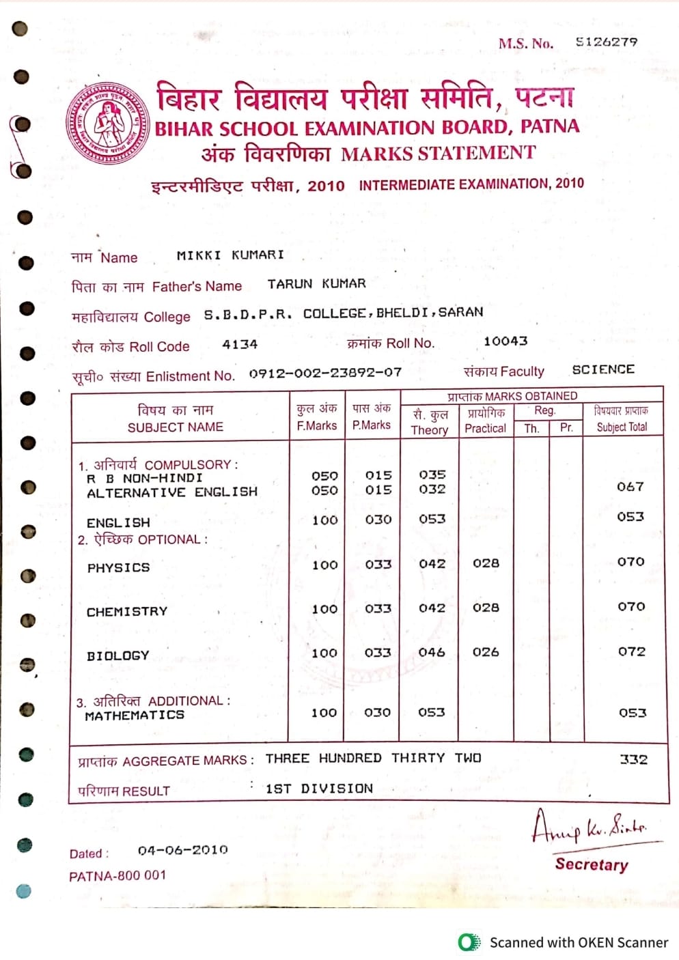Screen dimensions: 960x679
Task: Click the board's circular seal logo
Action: (x=108, y=124)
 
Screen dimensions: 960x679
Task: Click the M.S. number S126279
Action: (x=606, y=42)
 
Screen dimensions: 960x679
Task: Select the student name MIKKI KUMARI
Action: (x=230, y=255)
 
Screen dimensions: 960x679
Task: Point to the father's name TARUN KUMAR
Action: (x=316, y=283)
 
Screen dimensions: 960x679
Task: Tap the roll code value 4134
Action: (x=240, y=345)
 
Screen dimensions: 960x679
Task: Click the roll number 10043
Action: (x=505, y=341)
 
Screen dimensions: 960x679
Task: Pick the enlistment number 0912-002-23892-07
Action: (x=325, y=373)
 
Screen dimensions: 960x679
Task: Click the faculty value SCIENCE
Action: (x=603, y=369)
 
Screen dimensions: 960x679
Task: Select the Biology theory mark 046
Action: (x=432, y=653)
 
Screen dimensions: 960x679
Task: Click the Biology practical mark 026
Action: (x=486, y=652)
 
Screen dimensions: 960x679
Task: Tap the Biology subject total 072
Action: (x=631, y=651)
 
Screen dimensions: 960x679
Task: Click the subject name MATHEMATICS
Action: (x=135, y=716)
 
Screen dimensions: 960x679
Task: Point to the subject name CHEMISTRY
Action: (x=127, y=612)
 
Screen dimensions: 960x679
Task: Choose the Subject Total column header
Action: (x=622, y=419)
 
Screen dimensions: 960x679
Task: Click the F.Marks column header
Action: (x=317, y=417)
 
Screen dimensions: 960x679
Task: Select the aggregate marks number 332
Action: (x=633, y=759)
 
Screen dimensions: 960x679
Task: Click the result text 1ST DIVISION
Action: (x=319, y=789)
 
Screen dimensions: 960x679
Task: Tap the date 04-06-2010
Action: (x=182, y=851)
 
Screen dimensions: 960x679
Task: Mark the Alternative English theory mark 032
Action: (x=432, y=490)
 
